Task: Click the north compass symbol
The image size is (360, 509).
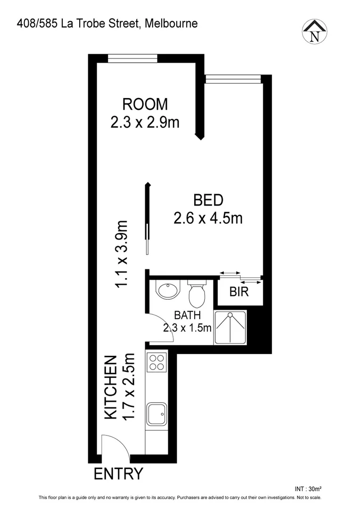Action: [315, 32]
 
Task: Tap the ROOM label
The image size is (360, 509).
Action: [145, 104]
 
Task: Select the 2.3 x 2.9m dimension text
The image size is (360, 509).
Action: [145, 123]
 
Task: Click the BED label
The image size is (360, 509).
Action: [208, 200]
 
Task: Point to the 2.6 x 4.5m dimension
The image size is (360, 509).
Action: [208, 219]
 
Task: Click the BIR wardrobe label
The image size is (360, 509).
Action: [239, 292]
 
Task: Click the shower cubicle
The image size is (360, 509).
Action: [230, 327]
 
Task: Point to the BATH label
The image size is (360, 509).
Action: [187, 315]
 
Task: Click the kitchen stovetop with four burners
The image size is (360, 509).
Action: [156, 362]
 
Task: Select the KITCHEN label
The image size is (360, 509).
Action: [110, 387]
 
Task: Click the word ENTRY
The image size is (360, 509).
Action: [118, 474]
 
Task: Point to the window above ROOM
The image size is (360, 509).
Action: [132, 58]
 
